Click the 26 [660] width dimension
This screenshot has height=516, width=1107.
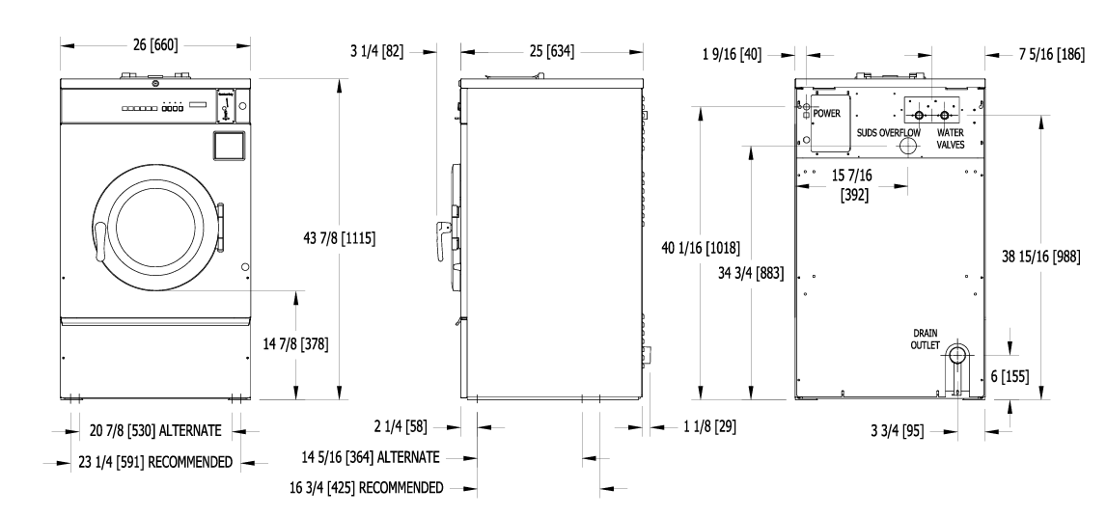click(155, 45)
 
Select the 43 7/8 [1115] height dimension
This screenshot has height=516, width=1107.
click(339, 238)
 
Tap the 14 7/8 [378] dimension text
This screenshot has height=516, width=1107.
click(296, 344)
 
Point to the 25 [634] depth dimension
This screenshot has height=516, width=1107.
click(552, 51)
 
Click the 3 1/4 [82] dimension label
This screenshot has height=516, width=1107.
click(377, 51)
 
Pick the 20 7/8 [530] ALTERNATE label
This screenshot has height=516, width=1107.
click(155, 430)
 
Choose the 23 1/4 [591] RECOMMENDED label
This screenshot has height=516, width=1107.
click(155, 462)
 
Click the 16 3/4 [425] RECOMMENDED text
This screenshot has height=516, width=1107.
click(367, 488)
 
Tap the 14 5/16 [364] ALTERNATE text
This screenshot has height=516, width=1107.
click(371, 457)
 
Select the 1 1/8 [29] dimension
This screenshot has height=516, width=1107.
click(710, 426)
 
